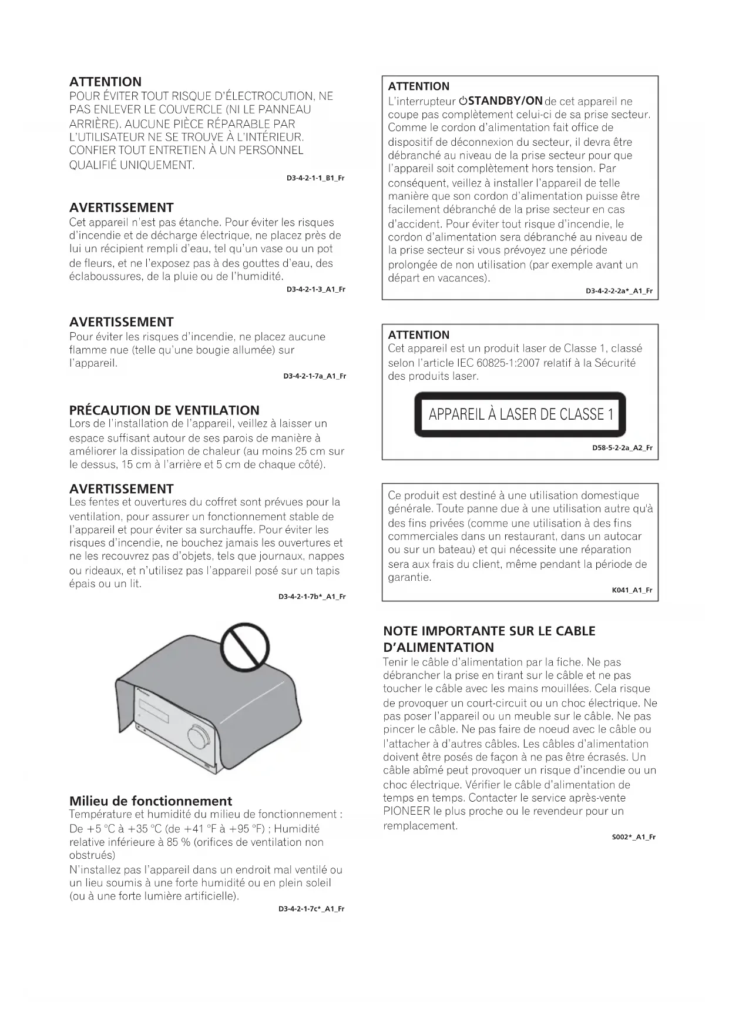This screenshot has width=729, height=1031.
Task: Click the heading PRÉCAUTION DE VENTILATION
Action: [x=164, y=410]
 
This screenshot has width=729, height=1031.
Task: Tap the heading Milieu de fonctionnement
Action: [x=150, y=801]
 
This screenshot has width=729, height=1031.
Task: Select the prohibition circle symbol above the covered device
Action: [x=245, y=649]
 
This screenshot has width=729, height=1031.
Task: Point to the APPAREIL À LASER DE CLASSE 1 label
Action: [x=520, y=414]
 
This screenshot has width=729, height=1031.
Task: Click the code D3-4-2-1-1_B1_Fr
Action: [x=315, y=178]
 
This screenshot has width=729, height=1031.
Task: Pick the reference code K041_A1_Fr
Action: [x=632, y=590]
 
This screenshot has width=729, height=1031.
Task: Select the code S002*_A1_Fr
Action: [x=633, y=837]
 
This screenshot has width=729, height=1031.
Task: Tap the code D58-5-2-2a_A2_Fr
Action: [x=622, y=448]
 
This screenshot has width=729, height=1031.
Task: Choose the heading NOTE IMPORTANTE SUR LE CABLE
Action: [x=489, y=631]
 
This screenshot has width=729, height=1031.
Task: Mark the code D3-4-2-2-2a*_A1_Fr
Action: [x=619, y=291]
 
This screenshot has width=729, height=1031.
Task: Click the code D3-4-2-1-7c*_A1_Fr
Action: [x=311, y=909]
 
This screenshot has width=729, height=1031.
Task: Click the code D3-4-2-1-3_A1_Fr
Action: [x=315, y=289]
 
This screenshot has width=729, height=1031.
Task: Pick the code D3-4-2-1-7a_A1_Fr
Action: [x=314, y=376]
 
